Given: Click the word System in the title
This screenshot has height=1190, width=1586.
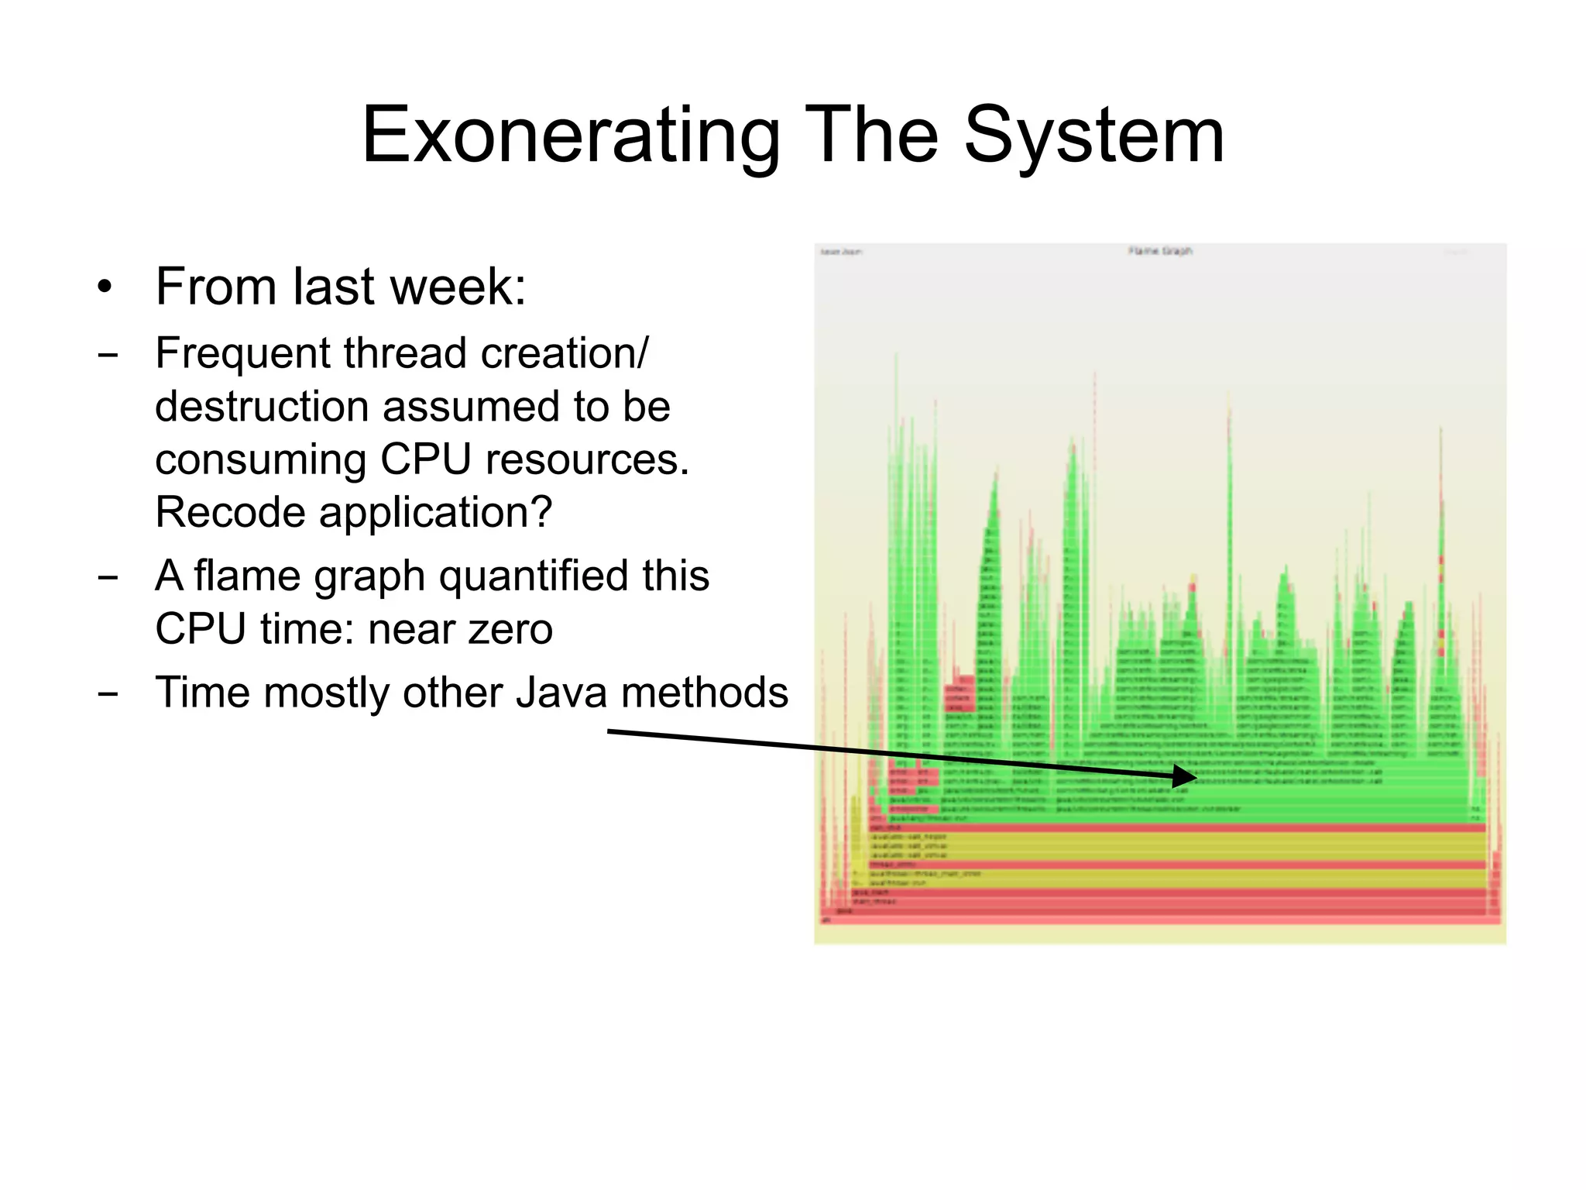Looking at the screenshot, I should click(x=1094, y=136).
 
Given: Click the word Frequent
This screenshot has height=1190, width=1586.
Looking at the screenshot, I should click(x=243, y=353).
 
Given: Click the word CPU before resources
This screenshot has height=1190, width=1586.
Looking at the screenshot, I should click(x=425, y=459).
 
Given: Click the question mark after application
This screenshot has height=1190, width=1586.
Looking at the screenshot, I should click(x=543, y=512).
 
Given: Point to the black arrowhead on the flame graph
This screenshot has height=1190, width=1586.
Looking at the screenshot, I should click(x=1185, y=776).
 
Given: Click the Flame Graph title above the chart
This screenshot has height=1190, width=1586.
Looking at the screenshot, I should click(x=1159, y=251).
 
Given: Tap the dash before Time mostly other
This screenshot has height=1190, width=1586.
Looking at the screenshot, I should click(x=108, y=693).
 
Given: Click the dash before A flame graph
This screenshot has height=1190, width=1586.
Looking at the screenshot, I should click(x=108, y=577).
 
